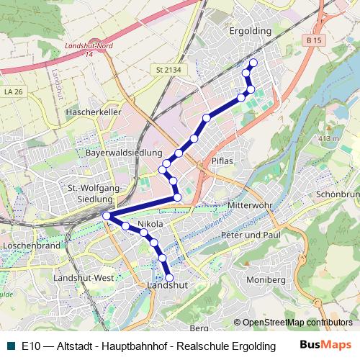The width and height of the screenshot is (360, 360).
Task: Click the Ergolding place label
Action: pyautogui.click(x=250, y=31)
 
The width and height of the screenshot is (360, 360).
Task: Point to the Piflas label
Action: pyautogui.click(x=222, y=161)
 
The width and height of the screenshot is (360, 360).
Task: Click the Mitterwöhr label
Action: pyautogui.click(x=250, y=205)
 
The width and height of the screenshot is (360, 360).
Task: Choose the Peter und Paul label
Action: pyautogui.click(x=251, y=235)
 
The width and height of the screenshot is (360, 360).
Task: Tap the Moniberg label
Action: pyautogui.click(x=266, y=279)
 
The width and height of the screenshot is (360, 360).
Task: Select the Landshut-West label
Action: pyautogui.click(x=84, y=278)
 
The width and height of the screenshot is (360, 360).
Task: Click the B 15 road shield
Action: pyautogui.click(x=312, y=42)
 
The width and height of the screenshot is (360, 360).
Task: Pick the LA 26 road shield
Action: pyautogui.click(x=13, y=91)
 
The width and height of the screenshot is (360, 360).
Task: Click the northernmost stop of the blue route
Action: pyautogui.click(x=253, y=63)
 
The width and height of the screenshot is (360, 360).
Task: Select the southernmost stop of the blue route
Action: pyautogui.click(x=170, y=277)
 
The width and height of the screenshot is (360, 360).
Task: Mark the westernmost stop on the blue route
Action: pyautogui.click(x=107, y=215)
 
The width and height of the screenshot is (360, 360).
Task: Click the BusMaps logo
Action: pyautogui.click(x=325, y=345)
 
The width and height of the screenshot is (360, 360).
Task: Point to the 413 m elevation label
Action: pyautogui.click(x=328, y=138)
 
